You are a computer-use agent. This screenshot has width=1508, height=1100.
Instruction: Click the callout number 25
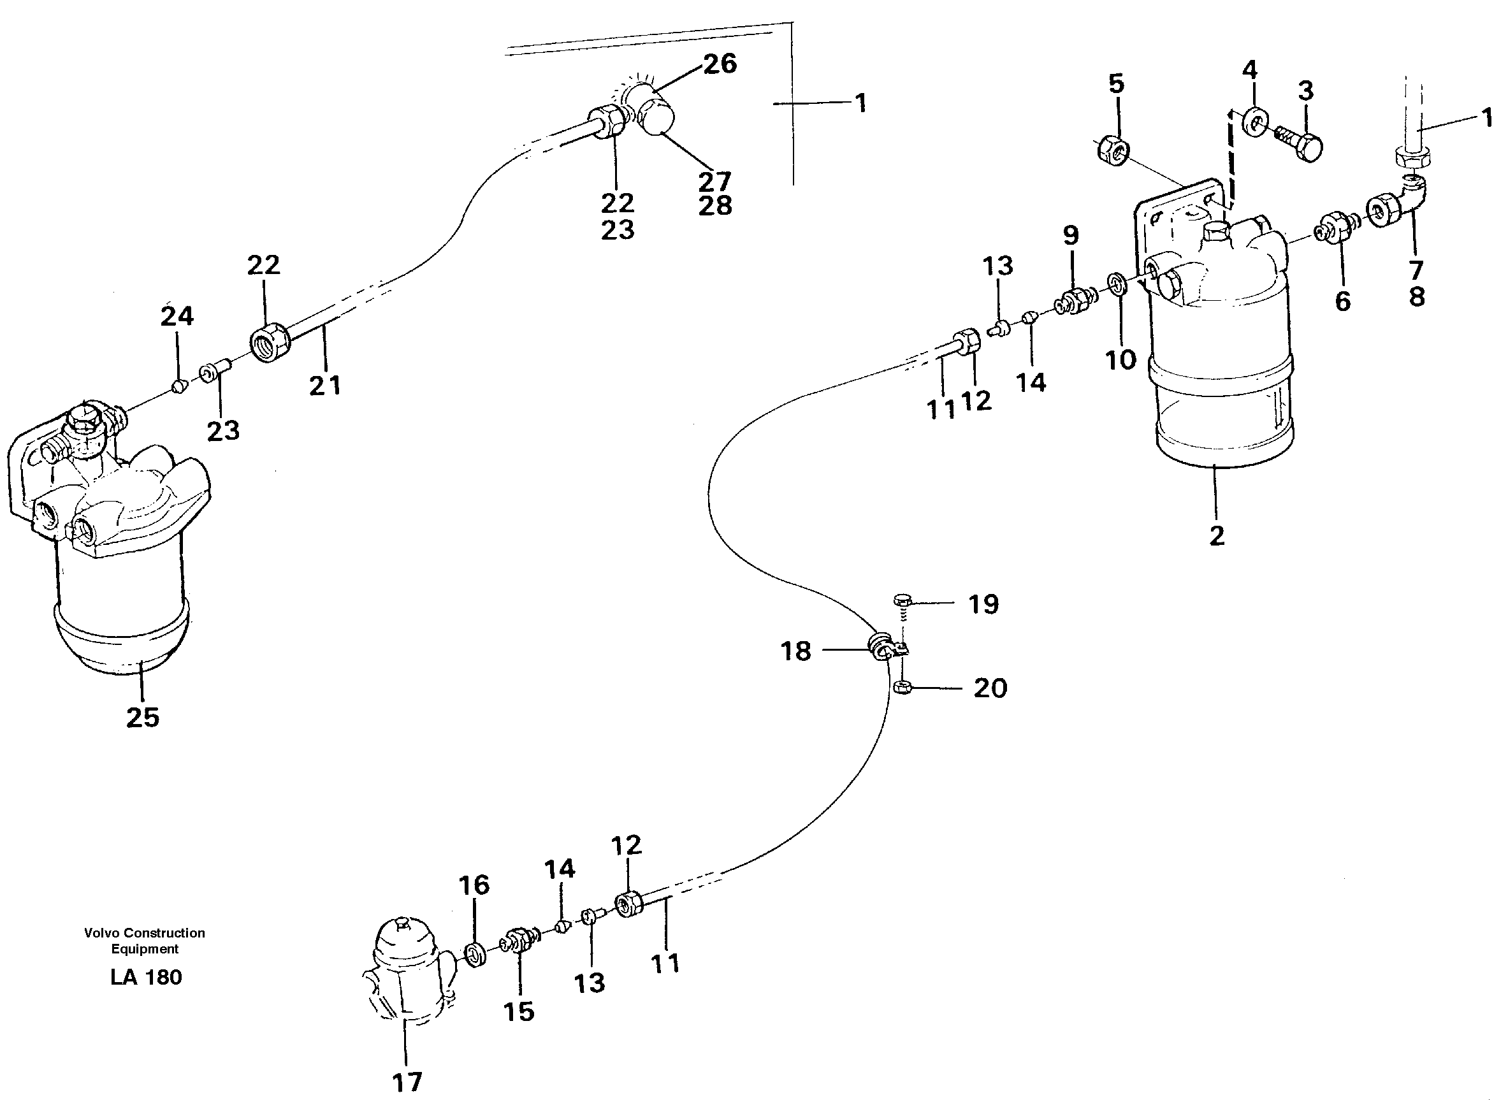143,718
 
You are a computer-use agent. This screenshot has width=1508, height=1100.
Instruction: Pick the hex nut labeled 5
1111,149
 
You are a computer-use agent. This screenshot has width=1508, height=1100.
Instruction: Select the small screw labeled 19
901,601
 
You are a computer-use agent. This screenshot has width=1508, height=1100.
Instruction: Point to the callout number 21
325,385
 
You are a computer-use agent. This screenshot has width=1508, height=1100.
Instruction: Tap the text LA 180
146,978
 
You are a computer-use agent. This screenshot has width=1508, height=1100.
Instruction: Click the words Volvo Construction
145,933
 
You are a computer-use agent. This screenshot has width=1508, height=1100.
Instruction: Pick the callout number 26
720,64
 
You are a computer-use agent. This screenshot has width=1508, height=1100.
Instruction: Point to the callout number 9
1071,235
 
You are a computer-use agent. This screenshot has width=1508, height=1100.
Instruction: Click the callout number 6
1343,301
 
